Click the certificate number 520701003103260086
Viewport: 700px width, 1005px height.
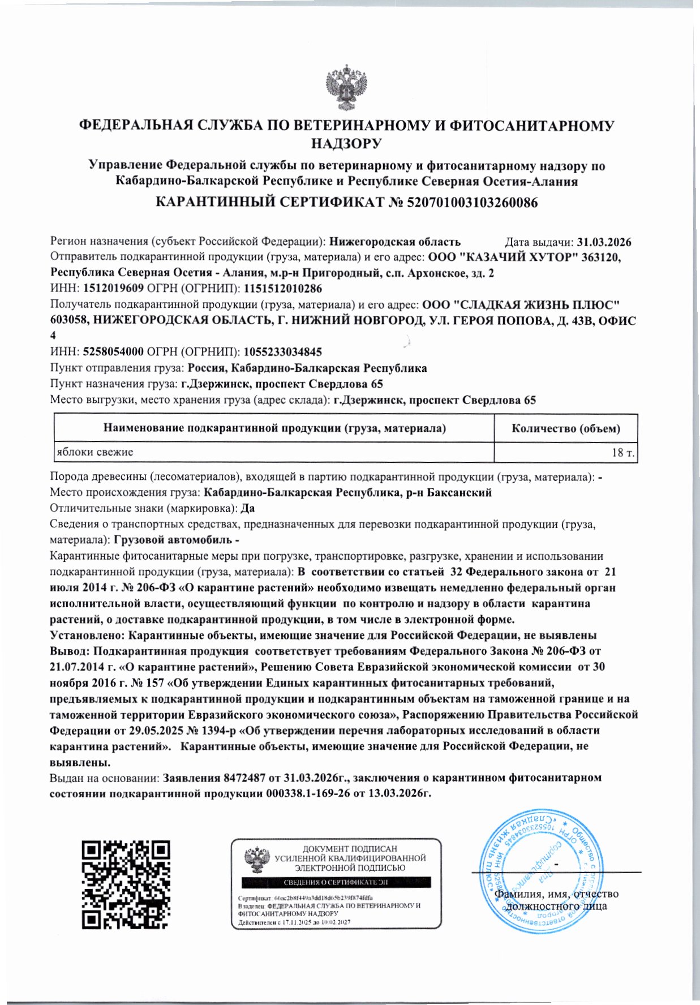(472, 202)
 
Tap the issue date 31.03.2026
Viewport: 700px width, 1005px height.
(604, 242)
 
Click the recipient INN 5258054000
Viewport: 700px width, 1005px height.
(113, 352)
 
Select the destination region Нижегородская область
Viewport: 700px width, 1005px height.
(395, 242)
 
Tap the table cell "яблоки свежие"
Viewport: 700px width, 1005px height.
(95, 452)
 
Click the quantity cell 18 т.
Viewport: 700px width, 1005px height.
(623, 453)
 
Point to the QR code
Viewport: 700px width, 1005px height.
(126, 884)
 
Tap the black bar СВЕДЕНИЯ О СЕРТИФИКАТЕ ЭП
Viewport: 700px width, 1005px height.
(336, 882)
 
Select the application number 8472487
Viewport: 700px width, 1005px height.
(244, 778)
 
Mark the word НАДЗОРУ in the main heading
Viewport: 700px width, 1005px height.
(346, 143)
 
